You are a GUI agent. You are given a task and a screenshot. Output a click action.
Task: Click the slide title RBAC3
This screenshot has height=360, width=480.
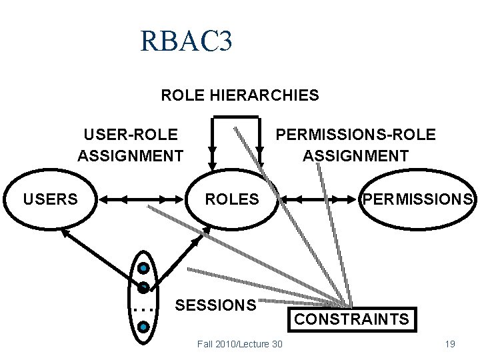(x=186, y=42)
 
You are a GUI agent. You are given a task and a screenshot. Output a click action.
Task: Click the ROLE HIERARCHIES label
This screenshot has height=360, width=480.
(x=240, y=95)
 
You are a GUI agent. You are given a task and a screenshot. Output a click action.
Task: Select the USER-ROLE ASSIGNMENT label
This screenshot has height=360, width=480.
(x=131, y=145)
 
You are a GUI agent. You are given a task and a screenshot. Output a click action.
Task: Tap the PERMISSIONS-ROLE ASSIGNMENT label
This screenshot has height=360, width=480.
(x=356, y=145)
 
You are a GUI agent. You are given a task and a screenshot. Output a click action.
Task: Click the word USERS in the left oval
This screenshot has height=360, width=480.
(x=51, y=199)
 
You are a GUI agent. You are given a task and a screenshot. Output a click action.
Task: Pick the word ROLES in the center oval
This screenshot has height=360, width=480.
(x=231, y=199)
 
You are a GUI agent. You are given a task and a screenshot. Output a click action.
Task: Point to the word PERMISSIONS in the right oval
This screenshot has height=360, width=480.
(x=417, y=199)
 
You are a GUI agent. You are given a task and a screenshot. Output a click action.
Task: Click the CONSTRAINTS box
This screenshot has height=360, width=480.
(x=352, y=319)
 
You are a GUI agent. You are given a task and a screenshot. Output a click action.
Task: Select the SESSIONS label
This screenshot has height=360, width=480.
(x=215, y=305)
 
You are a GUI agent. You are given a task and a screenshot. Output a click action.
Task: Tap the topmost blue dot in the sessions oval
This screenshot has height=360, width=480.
(x=143, y=269)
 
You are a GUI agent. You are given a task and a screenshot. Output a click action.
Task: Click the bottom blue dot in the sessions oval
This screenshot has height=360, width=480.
(x=143, y=327)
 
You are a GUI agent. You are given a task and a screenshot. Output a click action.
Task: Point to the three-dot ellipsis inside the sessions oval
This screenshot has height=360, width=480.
(x=143, y=309)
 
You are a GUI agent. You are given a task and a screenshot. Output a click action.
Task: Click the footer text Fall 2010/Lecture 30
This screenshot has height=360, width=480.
(x=240, y=344)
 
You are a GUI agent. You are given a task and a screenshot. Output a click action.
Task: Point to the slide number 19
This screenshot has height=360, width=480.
(x=449, y=344)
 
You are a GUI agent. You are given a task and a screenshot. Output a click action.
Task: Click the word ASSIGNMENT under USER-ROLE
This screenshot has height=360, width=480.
(x=131, y=156)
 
